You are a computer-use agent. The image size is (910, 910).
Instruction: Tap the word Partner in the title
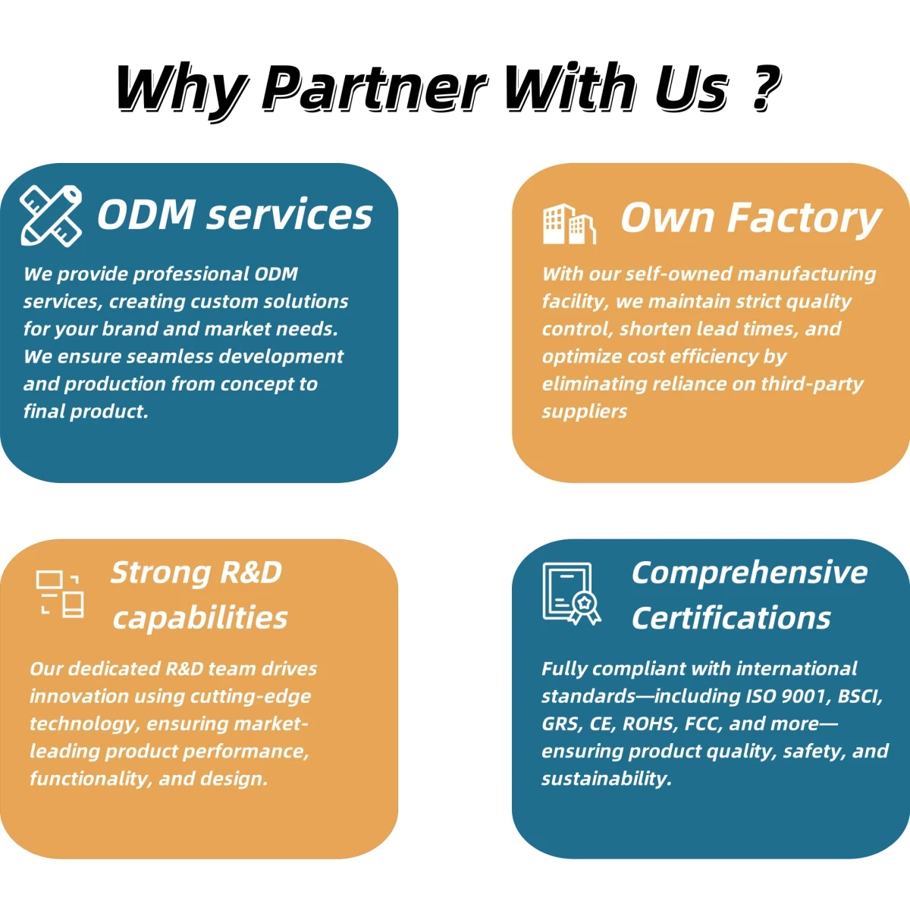point(374,89)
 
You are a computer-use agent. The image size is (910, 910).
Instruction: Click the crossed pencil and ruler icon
point(51,215)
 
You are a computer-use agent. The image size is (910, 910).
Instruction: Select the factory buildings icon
point(569,224)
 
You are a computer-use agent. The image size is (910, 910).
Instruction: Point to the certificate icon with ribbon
point(571,593)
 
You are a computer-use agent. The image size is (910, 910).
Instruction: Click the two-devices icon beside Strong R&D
point(60,593)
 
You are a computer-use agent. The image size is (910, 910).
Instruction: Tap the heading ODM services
point(234,215)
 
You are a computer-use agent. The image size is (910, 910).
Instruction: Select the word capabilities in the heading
point(200,618)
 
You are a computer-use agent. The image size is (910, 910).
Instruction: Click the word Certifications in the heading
point(731,618)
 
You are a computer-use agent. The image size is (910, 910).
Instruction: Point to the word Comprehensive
point(749,573)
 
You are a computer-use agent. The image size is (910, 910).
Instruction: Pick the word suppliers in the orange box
point(585,411)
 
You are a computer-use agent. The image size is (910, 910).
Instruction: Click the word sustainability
point(606,779)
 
